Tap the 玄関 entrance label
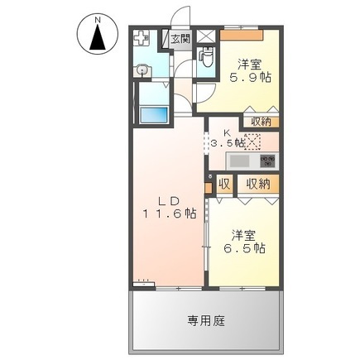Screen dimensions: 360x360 tap(180, 38)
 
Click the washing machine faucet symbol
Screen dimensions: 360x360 tap(142, 38)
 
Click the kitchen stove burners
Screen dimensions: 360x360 tap(266, 160)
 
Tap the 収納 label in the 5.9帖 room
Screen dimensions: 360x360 tap(260, 122)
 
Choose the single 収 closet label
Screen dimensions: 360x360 tap(224, 184)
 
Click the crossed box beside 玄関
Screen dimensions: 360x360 tap(203, 38)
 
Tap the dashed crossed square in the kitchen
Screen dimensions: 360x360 tap(252, 142)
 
